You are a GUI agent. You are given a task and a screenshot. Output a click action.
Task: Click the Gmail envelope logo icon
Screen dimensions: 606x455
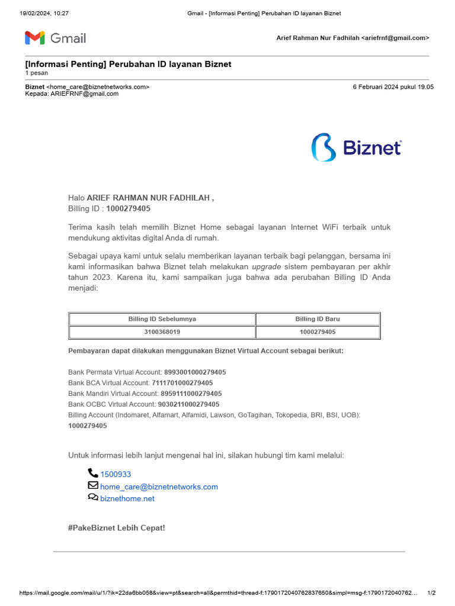tap(35, 38)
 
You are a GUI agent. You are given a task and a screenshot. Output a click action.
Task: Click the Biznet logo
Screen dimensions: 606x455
tap(357, 147)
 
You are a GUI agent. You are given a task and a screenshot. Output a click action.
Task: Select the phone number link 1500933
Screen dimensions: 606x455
tap(116, 474)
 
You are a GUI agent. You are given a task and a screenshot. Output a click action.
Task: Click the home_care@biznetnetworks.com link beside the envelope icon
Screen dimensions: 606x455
tap(159, 486)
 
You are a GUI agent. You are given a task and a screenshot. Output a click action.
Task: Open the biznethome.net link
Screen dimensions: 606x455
tap(127, 498)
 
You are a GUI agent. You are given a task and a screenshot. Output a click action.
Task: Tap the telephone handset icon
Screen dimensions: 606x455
tap(93, 473)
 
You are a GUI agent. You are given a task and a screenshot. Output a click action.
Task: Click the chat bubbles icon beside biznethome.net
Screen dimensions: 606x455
tap(93, 498)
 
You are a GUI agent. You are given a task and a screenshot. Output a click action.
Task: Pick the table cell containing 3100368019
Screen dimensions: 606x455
tap(162, 332)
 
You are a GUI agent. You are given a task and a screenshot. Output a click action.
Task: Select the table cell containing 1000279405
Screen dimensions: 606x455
tap(318, 332)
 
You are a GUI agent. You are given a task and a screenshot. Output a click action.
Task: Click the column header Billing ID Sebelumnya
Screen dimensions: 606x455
tap(162, 319)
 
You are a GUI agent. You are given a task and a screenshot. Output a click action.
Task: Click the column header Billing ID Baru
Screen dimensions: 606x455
tap(318, 319)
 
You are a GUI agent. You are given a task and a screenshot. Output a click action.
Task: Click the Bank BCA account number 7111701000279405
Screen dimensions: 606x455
tap(182, 383)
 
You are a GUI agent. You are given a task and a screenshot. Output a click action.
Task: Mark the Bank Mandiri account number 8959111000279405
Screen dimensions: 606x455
tap(191, 394)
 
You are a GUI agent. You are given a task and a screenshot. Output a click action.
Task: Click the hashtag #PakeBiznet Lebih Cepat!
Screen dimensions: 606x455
tap(116, 527)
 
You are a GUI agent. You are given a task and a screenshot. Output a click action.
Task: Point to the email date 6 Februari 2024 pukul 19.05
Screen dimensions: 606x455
tap(393, 87)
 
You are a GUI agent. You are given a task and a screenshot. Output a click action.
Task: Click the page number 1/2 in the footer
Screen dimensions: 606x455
tap(431, 593)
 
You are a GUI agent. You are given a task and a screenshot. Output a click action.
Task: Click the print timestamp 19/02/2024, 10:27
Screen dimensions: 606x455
tap(44, 13)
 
